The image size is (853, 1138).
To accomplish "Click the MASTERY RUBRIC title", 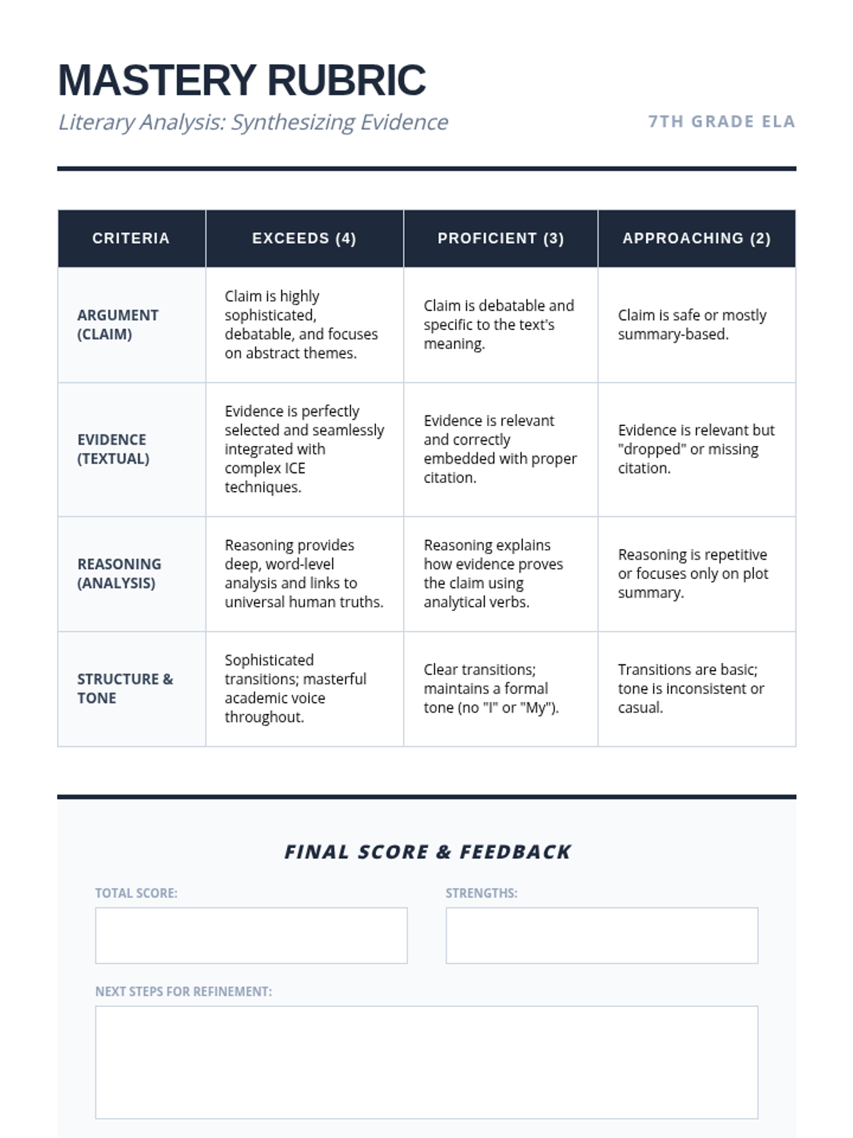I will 242,80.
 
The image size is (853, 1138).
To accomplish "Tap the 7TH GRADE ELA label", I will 721,122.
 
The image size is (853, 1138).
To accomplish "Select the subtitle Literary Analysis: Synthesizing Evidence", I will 253,122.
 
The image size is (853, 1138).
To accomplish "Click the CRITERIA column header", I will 132,238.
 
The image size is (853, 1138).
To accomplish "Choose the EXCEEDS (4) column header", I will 304,238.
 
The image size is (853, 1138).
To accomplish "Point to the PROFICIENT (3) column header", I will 500,238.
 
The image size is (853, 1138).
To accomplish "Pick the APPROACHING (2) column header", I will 697,238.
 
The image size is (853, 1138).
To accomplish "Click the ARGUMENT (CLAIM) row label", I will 118,324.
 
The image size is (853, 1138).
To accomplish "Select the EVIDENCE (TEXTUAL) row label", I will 114,449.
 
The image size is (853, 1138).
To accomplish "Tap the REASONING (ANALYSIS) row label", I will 119,573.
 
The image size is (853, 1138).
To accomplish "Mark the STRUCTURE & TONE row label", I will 125,688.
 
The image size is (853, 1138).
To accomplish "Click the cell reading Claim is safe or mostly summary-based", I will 692,324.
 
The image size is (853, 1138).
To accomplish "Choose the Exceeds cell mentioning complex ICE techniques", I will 304,449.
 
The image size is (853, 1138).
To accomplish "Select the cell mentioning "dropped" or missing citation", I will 696,449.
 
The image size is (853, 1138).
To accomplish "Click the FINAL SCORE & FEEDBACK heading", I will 427,851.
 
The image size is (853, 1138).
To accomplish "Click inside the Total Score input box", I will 251,935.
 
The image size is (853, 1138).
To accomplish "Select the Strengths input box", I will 601,935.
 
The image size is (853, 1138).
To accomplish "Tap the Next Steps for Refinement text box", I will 426,1062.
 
